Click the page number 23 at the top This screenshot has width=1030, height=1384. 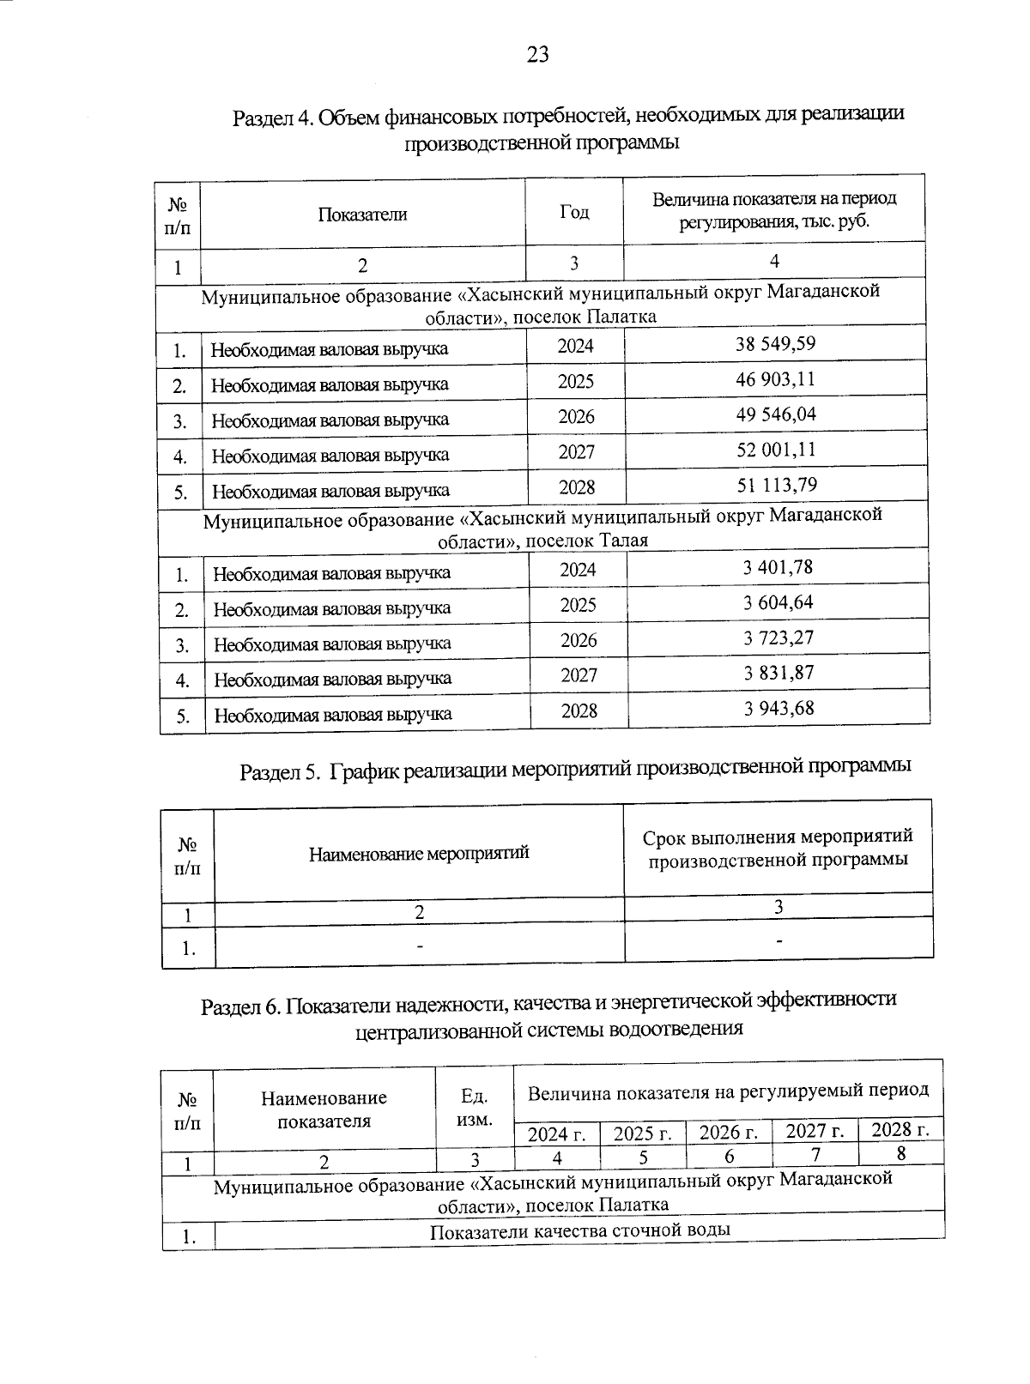[537, 55]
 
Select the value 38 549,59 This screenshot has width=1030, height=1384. [775, 344]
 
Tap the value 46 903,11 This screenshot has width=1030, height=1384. [775, 379]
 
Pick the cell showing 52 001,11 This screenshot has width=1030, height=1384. [776, 450]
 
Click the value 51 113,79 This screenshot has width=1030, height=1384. [777, 485]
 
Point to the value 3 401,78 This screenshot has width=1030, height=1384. [778, 567]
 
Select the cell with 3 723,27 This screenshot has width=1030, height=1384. [779, 638]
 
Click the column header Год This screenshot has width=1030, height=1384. [574, 212]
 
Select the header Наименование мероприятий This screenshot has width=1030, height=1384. [419, 853]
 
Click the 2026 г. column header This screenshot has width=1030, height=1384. [729, 1133]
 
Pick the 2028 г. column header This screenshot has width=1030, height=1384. [900, 1129]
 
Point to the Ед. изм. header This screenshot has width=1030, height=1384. [475, 1108]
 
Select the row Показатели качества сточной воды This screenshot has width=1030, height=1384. [579, 1230]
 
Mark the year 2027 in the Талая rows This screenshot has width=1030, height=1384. [579, 675]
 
